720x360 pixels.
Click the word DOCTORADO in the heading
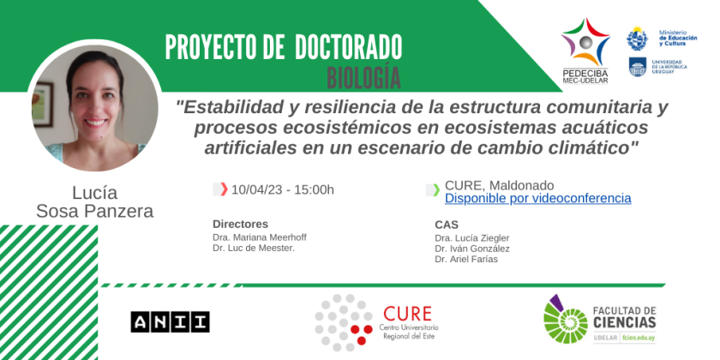349,47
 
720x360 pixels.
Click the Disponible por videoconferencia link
537,198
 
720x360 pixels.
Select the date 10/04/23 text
257,189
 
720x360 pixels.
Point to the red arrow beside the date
224,189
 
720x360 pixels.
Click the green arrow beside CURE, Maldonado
436,189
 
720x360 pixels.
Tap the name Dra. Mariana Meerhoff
260,237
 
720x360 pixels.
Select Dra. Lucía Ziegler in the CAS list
472,238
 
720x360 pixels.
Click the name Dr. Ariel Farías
466,260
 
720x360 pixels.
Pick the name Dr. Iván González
472,249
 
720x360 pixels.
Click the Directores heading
240,224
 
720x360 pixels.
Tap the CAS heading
447,225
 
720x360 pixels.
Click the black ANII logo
170,322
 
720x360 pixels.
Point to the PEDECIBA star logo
585,42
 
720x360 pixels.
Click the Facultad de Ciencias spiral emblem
565,319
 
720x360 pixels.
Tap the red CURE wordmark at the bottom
407,315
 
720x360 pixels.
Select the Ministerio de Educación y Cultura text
678,38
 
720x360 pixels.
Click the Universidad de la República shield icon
638,67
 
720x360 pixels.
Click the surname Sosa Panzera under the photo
94,211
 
